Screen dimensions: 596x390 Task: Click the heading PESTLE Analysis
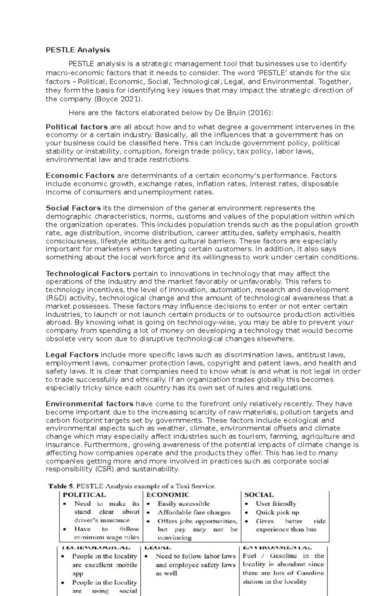click(x=78, y=50)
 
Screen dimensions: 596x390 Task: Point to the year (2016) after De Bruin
click(x=260, y=113)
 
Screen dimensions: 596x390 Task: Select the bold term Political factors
click(x=76, y=127)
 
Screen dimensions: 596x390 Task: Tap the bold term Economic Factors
click(x=80, y=176)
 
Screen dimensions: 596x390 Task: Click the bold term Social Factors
click(x=73, y=208)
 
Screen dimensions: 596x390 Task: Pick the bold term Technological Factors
click(x=88, y=273)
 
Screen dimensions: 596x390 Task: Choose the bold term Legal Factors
click(x=72, y=355)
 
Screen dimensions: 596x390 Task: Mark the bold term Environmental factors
click(x=89, y=404)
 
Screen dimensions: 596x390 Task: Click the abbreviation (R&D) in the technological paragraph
click(x=56, y=298)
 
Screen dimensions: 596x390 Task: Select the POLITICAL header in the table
click(x=84, y=495)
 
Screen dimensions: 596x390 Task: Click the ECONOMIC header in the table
click(x=168, y=495)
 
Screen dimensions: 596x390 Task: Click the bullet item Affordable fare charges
click(x=194, y=513)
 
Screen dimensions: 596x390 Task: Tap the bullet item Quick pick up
click(x=277, y=513)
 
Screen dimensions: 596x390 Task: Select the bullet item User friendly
click(x=276, y=504)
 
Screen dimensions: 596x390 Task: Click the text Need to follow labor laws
click(x=195, y=556)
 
